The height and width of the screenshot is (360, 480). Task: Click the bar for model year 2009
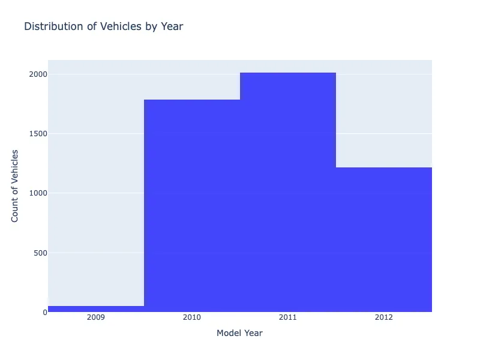pyautogui.click(x=96, y=308)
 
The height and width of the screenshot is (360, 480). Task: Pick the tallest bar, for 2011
pyautogui.click(x=288, y=192)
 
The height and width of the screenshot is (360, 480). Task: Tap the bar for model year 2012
pyautogui.click(x=384, y=239)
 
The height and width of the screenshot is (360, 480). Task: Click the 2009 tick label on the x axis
pyautogui.click(x=96, y=317)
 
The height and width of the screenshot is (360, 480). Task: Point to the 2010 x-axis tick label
pyautogui.click(x=192, y=317)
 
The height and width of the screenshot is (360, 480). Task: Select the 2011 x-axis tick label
pyautogui.click(x=288, y=317)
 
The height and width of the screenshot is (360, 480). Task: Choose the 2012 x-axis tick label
pyautogui.click(x=384, y=317)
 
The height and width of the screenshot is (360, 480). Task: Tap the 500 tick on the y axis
pyautogui.click(x=40, y=253)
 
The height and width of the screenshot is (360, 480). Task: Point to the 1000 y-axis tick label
pyautogui.click(x=37, y=193)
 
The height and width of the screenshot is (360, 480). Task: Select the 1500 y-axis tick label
pyautogui.click(x=37, y=134)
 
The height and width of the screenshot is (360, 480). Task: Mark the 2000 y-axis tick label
pyautogui.click(x=37, y=74)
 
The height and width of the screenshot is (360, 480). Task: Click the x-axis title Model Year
pyautogui.click(x=239, y=333)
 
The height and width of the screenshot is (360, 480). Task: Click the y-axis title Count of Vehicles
pyautogui.click(x=15, y=186)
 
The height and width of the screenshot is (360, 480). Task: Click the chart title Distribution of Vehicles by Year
pyautogui.click(x=103, y=26)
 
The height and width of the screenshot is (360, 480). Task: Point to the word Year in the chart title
pyautogui.click(x=172, y=26)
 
